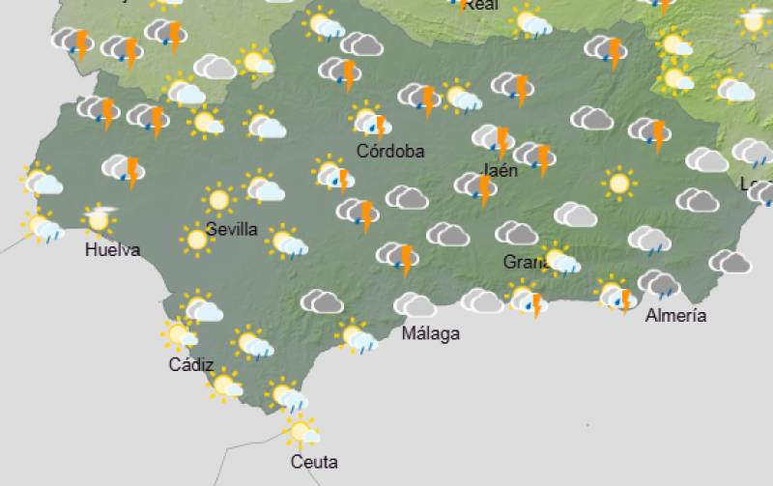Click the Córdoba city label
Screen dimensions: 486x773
coord(390,151)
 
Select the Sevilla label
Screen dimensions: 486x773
coord(232,229)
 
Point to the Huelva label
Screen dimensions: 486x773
coord(112,250)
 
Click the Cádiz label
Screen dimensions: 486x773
coord(190,364)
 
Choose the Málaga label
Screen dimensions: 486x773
coord(430,333)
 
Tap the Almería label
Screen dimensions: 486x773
coord(675,315)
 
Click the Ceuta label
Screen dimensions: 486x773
coord(314,462)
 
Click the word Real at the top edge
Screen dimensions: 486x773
coord(480,5)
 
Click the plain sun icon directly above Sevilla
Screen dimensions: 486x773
coord(219,200)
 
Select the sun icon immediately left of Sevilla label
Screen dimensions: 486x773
coord(197,239)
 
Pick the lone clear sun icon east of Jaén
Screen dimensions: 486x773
coord(618,182)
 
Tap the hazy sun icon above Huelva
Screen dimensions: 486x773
coord(98,219)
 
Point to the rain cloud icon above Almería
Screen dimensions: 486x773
coord(660,283)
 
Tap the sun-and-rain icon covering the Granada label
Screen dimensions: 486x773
coord(559,259)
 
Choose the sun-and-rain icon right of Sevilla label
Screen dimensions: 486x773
coord(287,242)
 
